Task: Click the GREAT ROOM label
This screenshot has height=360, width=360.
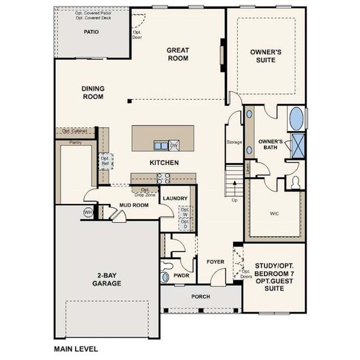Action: pyautogui.click(x=178, y=55)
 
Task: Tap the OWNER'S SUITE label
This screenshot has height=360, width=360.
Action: pyautogui.click(x=266, y=56)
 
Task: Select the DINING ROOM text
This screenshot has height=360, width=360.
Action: pyautogui.click(x=93, y=92)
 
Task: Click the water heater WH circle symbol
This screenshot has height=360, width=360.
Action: pyautogui.click(x=88, y=212)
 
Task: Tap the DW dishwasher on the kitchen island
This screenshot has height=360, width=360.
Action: pyautogui.click(x=174, y=145)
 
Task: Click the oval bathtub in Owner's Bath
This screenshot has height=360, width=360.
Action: pyautogui.click(x=296, y=119)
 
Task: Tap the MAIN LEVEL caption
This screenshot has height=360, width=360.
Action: pyautogui.click(x=76, y=348)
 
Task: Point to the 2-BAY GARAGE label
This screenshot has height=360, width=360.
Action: pyautogui.click(x=108, y=280)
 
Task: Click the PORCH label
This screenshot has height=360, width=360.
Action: pyautogui.click(x=200, y=297)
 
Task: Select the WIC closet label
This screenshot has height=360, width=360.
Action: pyautogui.click(x=275, y=212)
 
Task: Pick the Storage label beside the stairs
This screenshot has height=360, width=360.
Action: pyautogui.click(x=234, y=142)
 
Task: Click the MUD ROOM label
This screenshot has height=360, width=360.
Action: pyautogui.click(x=133, y=205)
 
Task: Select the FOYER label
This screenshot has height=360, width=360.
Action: pyautogui.click(x=215, y=262)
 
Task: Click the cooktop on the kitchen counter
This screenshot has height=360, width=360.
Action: pyautogui.click(x=163, y=178)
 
